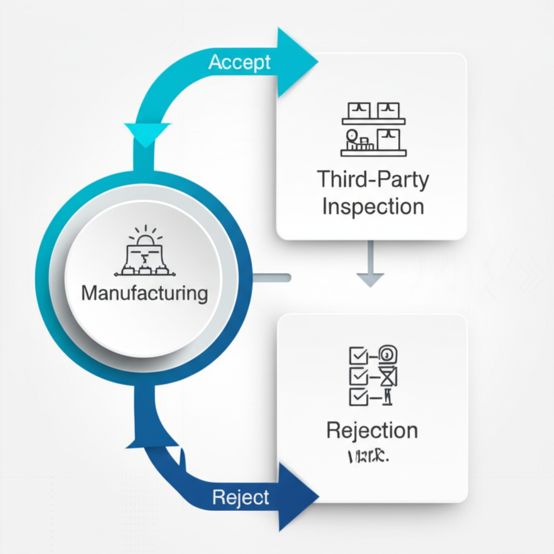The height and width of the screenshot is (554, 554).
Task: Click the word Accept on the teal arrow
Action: (x=239, y=62)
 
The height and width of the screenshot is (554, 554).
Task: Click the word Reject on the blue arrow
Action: (x=240, y=497)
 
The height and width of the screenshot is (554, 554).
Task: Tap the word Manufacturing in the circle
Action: (x=144, y=294)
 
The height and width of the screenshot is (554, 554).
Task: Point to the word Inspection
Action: (x=373, y=207)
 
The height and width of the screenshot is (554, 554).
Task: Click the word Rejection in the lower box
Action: (x=372, y=431)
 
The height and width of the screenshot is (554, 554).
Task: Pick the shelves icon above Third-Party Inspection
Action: (x=373, y=129)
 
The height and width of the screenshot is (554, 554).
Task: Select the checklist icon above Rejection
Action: (x=372, y=375)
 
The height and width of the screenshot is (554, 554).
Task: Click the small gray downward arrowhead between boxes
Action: (x=371, y=279)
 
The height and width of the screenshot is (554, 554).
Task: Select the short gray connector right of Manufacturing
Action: (x=272, y=278)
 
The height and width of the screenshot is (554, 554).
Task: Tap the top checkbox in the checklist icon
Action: (x=358, y=355)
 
